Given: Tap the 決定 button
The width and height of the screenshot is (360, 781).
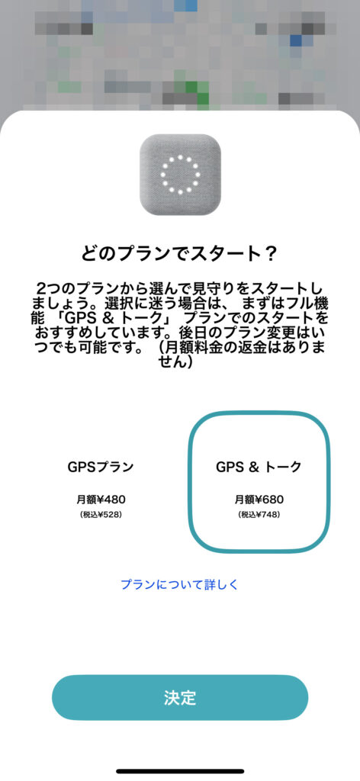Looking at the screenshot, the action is point(180,697).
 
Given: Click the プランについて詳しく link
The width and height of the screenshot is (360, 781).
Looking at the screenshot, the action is point(180,584).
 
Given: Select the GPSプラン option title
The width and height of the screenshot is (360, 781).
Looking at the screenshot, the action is point(101,468).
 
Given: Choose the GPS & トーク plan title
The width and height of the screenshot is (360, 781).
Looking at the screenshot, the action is point(259,468).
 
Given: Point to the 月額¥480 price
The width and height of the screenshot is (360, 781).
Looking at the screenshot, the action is point(101,500).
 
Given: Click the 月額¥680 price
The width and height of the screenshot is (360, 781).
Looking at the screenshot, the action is point(259,500).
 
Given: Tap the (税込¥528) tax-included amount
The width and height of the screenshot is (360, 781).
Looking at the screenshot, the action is point(101,514).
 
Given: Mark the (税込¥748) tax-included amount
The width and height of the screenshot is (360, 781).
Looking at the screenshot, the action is point(259,514).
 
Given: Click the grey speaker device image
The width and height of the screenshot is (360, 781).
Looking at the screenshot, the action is point(180,175).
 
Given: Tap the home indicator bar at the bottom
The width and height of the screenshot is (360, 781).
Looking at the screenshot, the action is point(180,772).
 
